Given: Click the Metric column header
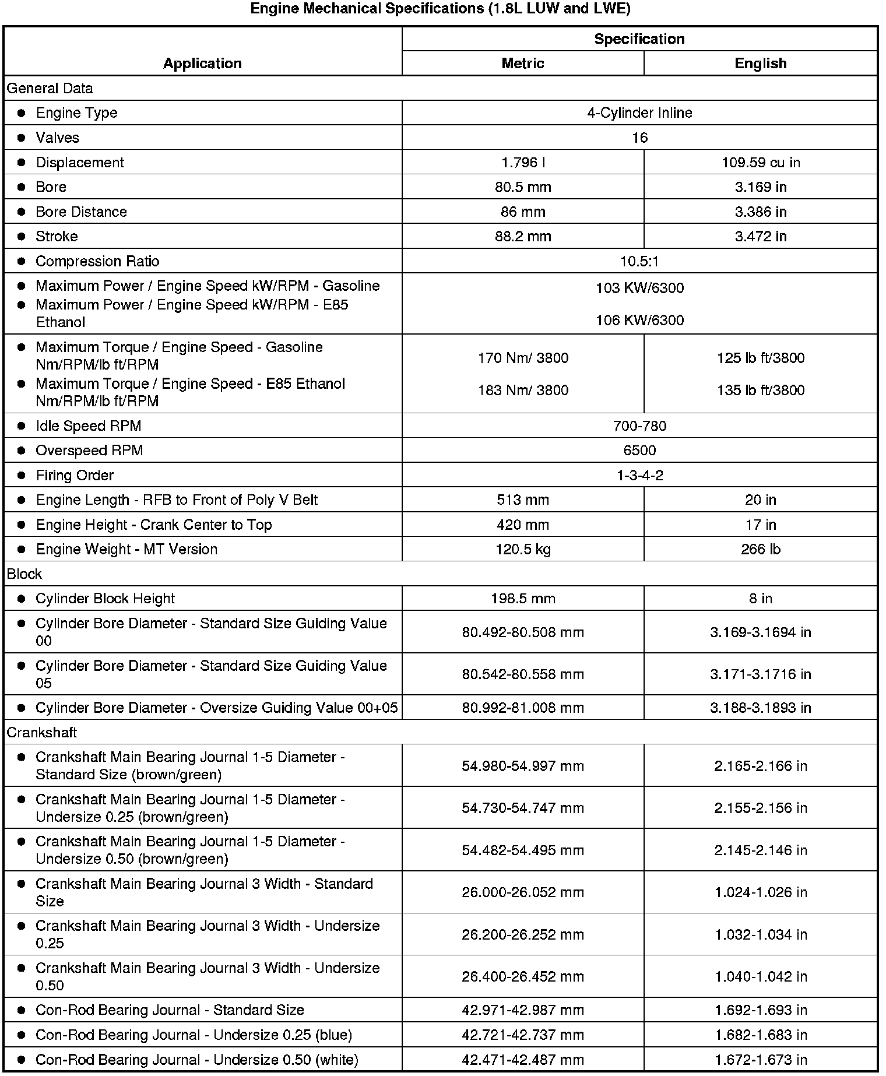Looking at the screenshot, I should click(523, 64).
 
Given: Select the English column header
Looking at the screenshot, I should click(760, 64).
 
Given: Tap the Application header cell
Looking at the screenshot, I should click(202, 64).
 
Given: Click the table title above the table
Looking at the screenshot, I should click(440, 9).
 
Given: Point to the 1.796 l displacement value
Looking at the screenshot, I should click(523, 163).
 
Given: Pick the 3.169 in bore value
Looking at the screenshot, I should click(760, 187).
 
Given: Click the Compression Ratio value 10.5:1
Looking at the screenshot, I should click(639, 261).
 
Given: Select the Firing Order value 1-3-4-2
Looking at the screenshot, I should click(639, 476).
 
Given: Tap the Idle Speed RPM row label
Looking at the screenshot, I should click(89, 426).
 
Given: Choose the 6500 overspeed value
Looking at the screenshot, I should click(639, 451).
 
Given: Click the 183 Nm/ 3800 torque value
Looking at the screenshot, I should click(523, 391).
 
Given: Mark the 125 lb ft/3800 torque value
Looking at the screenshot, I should click(760, 358).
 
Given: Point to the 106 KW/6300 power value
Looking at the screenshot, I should click(639, 321).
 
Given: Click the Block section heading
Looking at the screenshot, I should click(24, 574).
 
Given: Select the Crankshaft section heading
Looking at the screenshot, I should click(42, 733).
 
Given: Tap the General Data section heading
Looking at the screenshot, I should click(50, 89).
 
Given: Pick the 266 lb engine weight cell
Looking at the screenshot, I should click(760, 550).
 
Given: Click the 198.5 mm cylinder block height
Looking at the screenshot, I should click(523, 599).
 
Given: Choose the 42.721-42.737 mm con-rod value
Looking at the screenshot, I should click(523, 1035).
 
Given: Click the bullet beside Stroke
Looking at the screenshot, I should click(22, 237).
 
